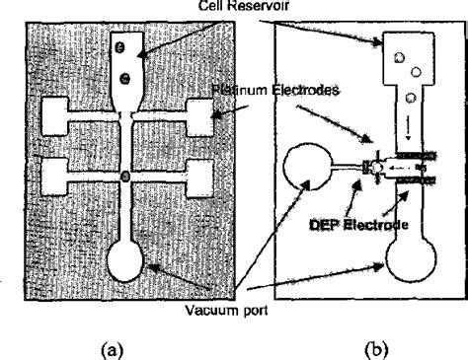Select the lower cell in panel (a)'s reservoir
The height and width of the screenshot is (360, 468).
point(125,78)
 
